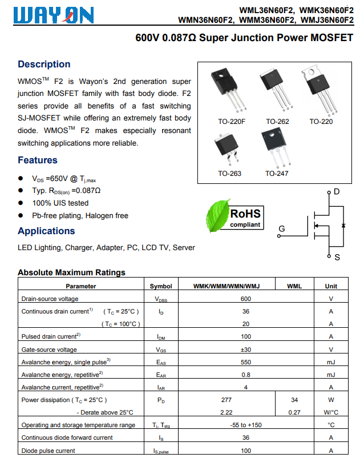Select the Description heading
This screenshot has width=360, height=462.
44,64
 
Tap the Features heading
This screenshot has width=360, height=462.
38,160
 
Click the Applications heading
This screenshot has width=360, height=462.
46,231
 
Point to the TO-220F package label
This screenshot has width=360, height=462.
232,122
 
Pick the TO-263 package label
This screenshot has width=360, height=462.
229,174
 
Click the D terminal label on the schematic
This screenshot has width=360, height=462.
337,191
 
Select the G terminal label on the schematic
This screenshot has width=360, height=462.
281,230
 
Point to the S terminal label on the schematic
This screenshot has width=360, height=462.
337,258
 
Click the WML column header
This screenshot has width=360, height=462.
294,286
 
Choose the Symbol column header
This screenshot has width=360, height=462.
160,286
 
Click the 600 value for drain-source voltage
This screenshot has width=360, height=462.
246,299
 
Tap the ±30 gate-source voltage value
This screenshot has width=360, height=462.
246,349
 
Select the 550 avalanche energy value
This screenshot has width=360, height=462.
246,362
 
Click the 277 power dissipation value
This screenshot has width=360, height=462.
226,400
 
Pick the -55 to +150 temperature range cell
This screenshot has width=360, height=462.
246,425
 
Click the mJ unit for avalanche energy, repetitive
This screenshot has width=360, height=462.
331,375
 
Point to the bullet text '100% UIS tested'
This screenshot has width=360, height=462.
60,203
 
